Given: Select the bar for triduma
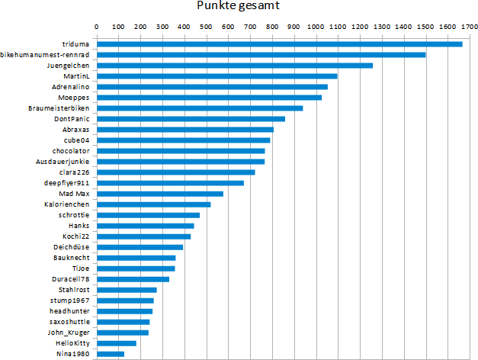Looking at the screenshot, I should click(279, 43).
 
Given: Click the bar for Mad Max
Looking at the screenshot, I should click(159, 194).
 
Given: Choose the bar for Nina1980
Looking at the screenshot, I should click(110, 354).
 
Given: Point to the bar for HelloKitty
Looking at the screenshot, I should click(116, 343).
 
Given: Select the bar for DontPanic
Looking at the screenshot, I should click(191, 118).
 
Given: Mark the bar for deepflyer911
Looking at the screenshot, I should click(170, 183).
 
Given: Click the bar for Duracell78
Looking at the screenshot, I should click(133, 279).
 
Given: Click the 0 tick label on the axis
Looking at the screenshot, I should click(96, 27).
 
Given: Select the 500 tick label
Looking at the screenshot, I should click(207, 27).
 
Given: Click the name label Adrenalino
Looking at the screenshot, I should click(73, 87).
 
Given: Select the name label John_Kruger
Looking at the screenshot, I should click(69, 333).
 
